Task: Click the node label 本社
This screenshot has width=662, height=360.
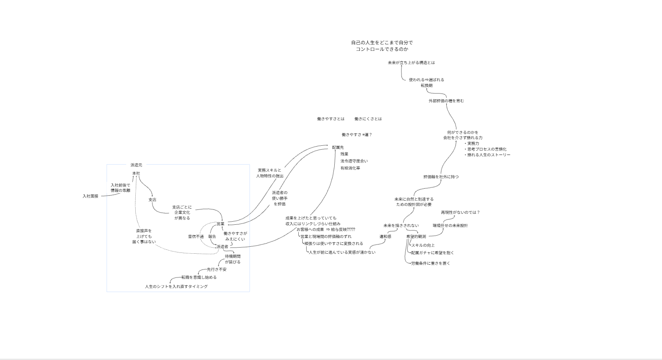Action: pos(136,173)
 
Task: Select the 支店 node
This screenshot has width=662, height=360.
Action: pos(152,200)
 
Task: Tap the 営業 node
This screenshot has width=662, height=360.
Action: pos(220,224)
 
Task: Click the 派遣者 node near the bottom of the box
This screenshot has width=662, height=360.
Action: pos(222,247)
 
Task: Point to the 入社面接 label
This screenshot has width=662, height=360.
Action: pos(90,196)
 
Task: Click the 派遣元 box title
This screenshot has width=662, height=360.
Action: pos(136,165)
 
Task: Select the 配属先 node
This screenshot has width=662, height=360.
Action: pos(338,148)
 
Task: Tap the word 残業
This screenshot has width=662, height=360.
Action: pos(344,154)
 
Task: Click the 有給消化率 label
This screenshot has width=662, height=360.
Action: pos(350,168)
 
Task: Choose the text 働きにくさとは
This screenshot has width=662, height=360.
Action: pos(368,119)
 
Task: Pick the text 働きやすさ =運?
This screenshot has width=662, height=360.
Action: pos(357,135)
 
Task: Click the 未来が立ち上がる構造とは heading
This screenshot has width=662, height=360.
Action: pos(411,63)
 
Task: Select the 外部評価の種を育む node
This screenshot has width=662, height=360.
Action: pos(446,101)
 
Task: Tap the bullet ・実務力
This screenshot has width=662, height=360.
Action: pos(472,144)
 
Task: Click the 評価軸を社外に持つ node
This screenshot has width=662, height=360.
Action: pos(441,177)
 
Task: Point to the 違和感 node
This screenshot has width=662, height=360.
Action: pos(385,237)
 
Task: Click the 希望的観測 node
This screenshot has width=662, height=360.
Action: pos(416,237)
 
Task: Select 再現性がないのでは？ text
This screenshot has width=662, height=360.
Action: pos(460,212)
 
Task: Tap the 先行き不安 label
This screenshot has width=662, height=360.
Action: pos(217,270)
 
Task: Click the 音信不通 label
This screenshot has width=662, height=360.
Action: pos(196,237)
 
